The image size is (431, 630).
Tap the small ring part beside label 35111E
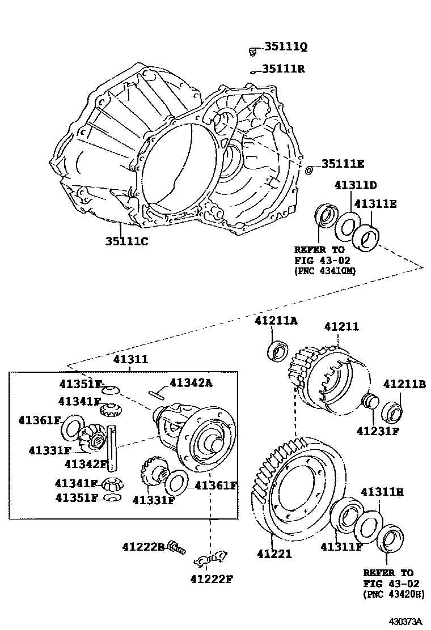pyautogui.click(x=309, y=170)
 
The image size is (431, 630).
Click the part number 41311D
pyautogui.click(x=356, y=185)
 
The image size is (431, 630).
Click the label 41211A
pyautogui.click(x=276, y=321)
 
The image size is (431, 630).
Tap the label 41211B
pyautogui.click(x=404, y=384)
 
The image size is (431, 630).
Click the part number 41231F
pyautogui.click(x=378, y=431)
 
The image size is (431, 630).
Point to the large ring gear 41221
pyautogui.click(x=298, y=487)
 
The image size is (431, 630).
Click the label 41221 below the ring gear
pyautogui.click(x=274, y=554)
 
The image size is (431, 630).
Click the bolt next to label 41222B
pyautogui.click(x=178, y=547)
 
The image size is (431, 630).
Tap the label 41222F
pyautogui.click(x=212, y=578)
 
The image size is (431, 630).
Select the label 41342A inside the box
pyautogui.click(x=191, y=383)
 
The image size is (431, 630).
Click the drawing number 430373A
pyautogui.click(x=405, y=622)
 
